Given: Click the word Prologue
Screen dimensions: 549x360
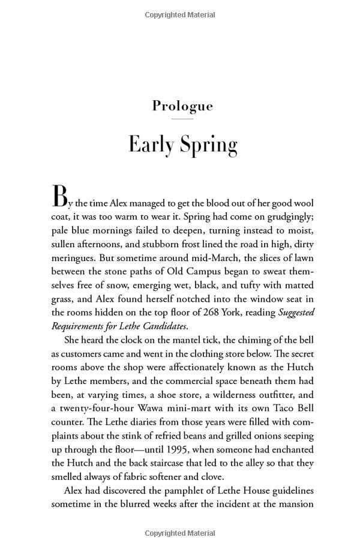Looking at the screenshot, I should [182, 106].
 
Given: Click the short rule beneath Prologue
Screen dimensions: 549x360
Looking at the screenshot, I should [182, 119].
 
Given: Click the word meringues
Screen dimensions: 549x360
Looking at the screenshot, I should [76, 257].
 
